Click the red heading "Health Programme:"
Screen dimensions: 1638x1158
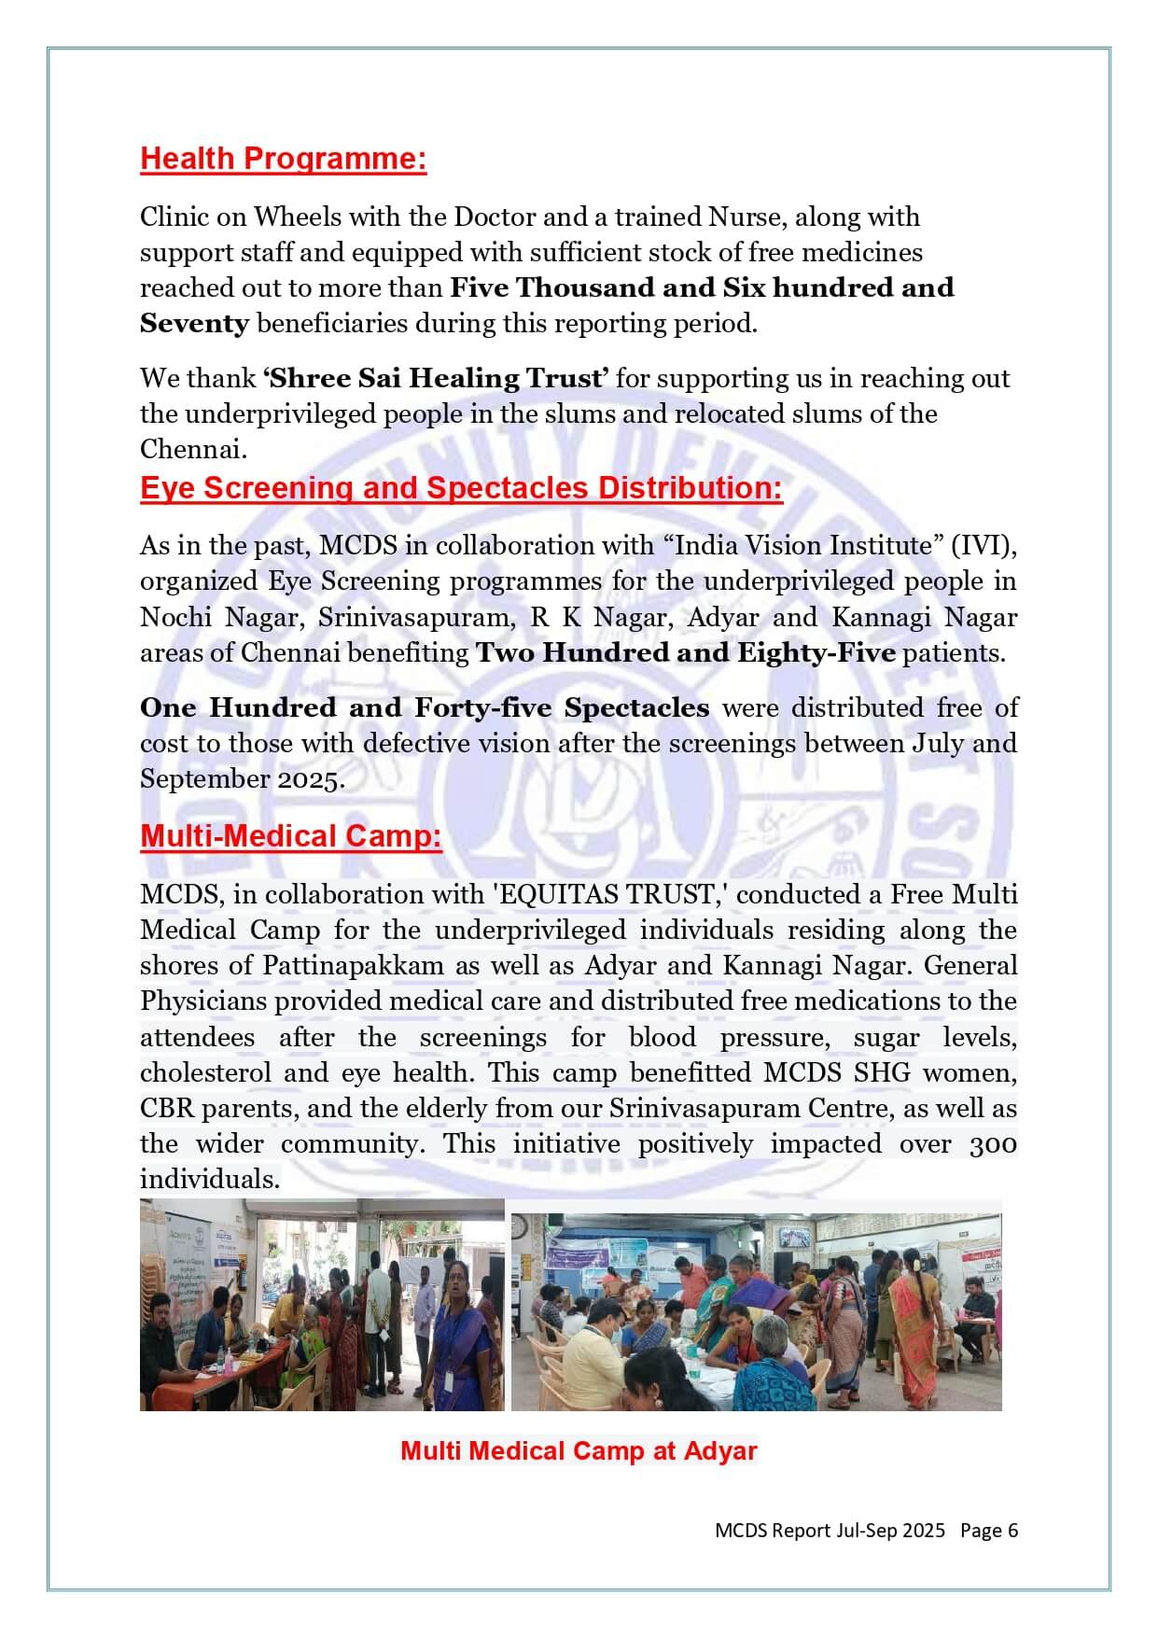[x=283, y=159]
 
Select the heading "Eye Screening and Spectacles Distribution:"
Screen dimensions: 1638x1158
[x=461, y=488]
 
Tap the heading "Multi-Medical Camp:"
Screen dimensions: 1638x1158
[x=290, y=835]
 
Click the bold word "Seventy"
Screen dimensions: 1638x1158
[x=194, y=324]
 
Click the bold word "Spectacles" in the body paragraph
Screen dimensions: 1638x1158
[x=636, y=707]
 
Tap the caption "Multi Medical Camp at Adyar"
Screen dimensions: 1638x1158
[x=579, y=1451]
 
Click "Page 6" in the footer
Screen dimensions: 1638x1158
[x=988, y=1531]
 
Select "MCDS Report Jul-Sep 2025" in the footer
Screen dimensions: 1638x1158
[x=830, y=1531]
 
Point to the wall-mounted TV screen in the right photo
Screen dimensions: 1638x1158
[x=795, y=1239]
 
